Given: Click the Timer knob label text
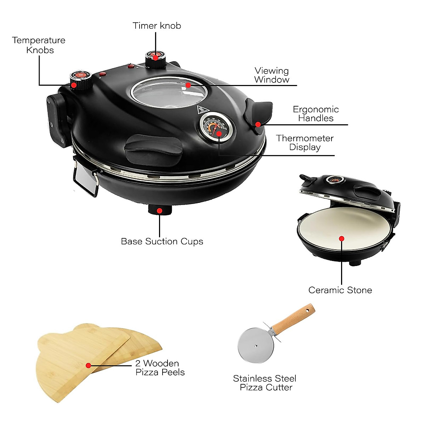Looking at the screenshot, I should click(157, 26).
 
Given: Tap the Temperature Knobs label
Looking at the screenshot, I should click(39, 45).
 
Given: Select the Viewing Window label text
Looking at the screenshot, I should click(272, 75).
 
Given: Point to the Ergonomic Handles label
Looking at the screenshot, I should click(316, 114).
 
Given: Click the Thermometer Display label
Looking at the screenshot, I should click(305, 142).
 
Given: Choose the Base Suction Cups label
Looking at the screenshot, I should click(162, 242).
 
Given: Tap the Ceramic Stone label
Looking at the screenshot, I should click(340, 290).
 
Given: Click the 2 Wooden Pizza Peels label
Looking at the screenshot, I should click(160, 368).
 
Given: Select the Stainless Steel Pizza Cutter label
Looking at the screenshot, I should click(265, 383).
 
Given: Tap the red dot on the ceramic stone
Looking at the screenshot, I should click(341, 239).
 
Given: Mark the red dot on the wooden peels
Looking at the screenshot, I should click(88, 365).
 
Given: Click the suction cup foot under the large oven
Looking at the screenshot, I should click(159, 210).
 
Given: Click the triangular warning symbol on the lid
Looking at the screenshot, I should click(201, 109).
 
